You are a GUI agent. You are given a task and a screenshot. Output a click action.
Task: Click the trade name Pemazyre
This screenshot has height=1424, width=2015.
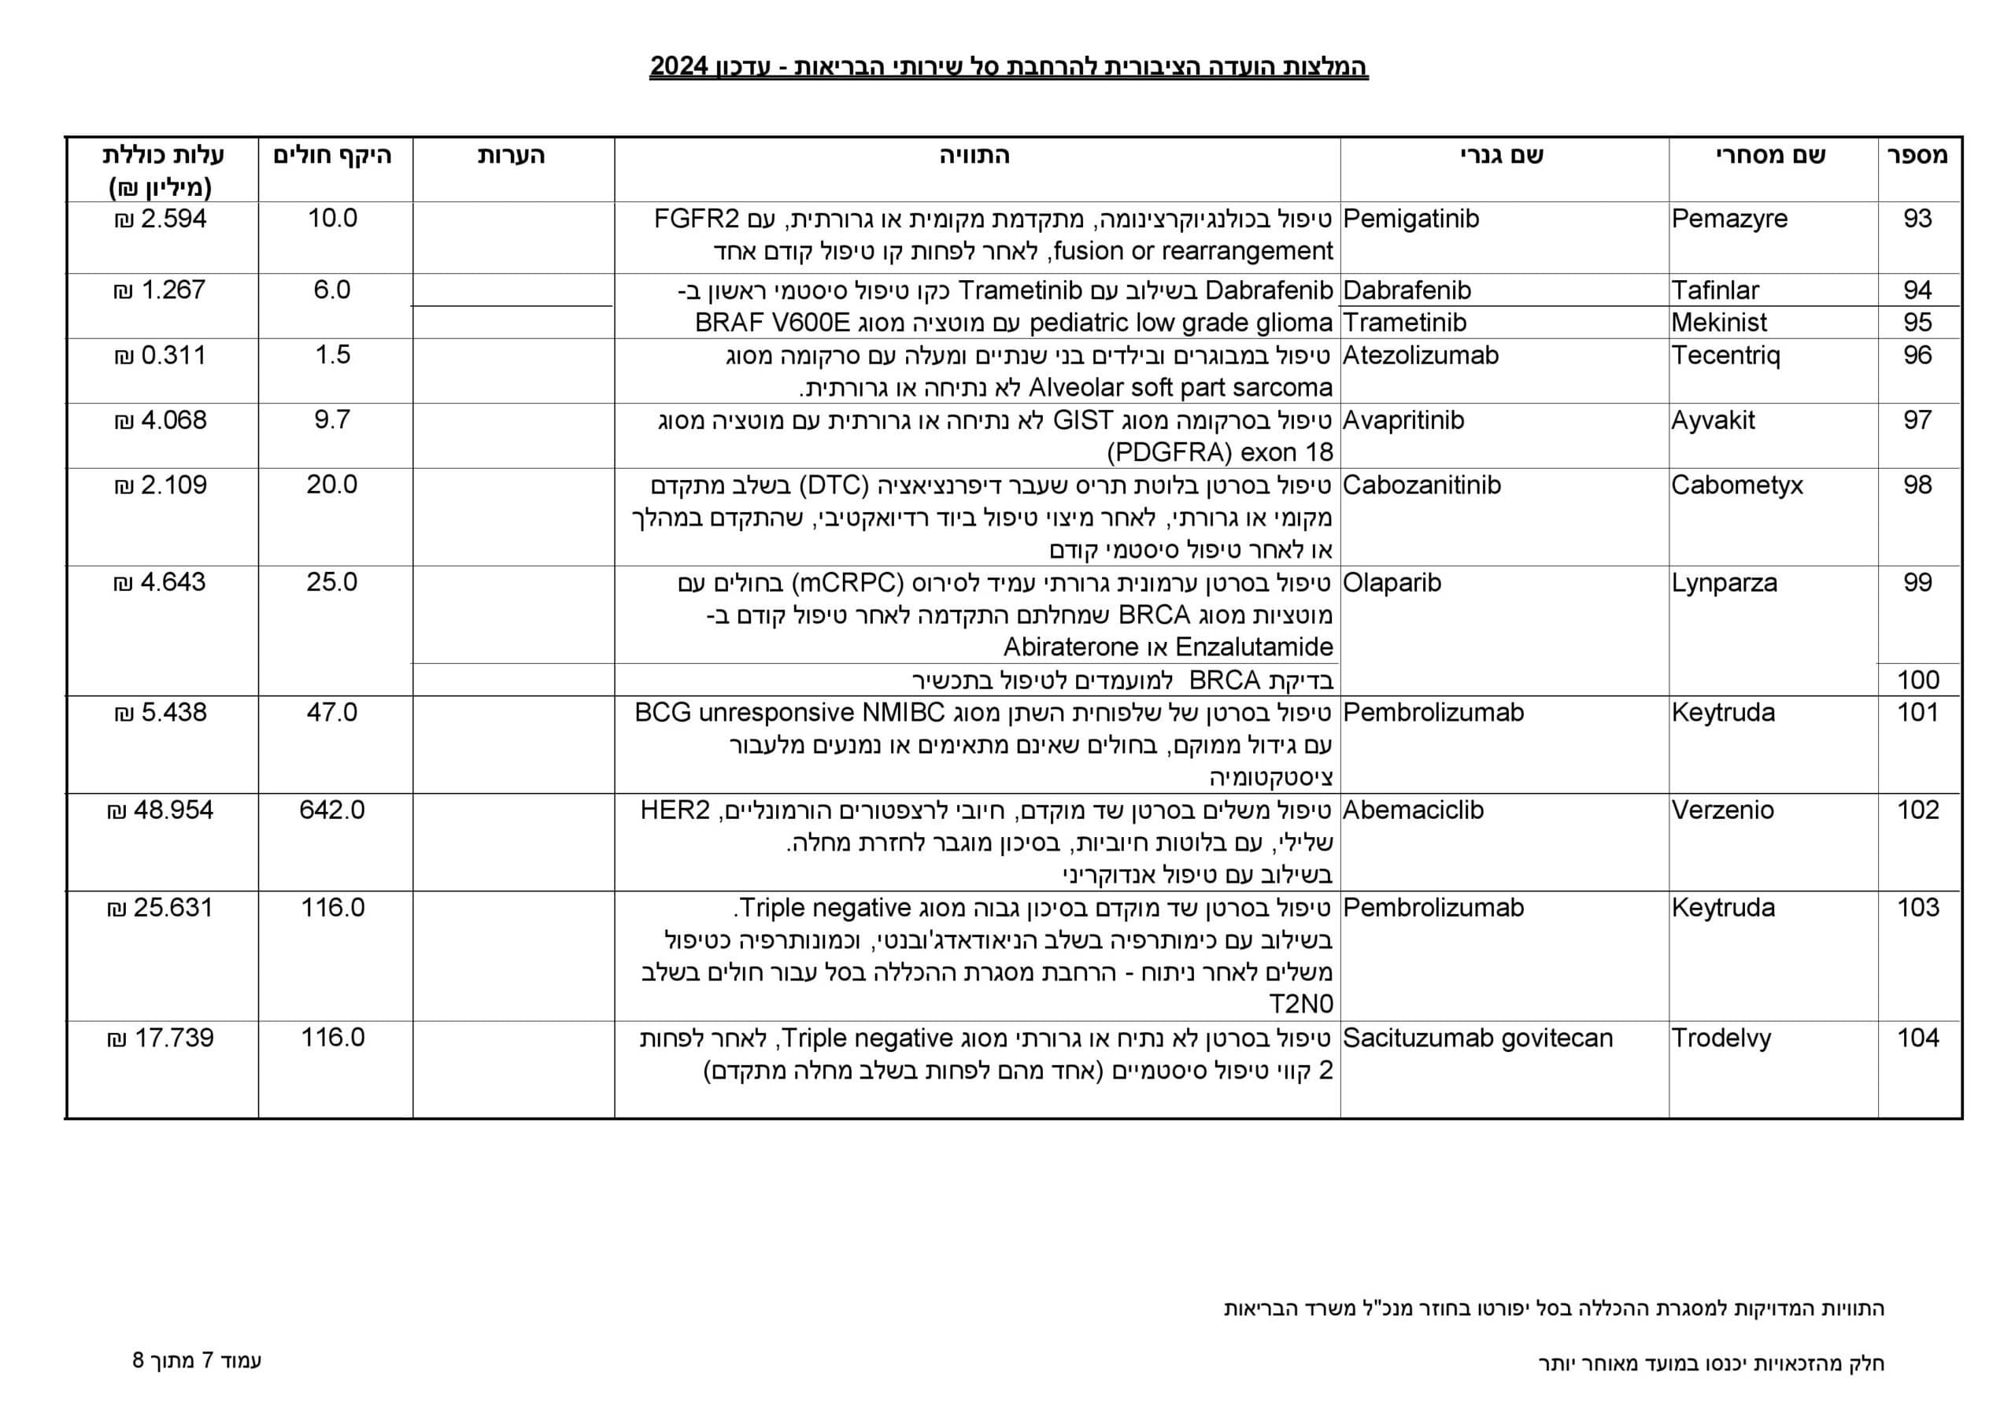pyautogui.click(x=1729, y=219)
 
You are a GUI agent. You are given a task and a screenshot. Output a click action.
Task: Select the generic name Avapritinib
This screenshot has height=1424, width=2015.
pyautogui.click(x=1403, y=420)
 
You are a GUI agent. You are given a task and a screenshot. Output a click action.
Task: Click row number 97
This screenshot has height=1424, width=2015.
pyautogui.click(x=1917, y=420)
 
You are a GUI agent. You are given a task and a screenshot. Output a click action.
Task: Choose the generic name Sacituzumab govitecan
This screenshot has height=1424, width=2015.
pyautogui.click(x=1478, y=1038)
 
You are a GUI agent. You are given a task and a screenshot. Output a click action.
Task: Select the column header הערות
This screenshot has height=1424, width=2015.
pyautogui.click(x=511, y=155)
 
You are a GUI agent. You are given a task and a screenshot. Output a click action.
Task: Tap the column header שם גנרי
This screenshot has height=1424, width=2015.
pyautogui.click(x=1502, y=155)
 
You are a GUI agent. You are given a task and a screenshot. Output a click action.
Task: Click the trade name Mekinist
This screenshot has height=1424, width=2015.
pyautogui.click(x=1718, y=323)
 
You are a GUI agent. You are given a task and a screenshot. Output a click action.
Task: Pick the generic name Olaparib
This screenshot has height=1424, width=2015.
pyautogui.click(x=1392, y=583)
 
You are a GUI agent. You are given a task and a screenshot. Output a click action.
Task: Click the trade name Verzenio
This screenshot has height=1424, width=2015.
pyautogui.click(x=1722, y=810)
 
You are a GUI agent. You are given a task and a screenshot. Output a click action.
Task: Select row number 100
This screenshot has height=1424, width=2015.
pyautogui.click(x=1917, y=680)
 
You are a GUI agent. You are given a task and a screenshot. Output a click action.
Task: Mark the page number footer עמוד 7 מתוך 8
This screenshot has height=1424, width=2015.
pyautogui.click(x=198, y=1361)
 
